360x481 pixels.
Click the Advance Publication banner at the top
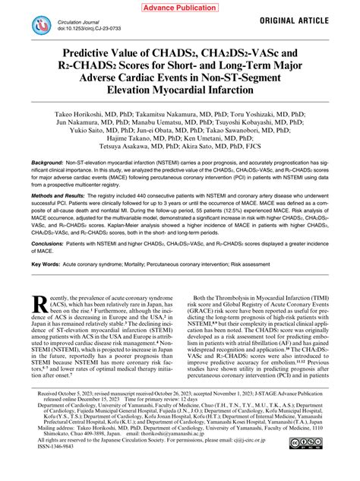[x=179, y=7]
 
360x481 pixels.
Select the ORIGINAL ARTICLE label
[x=308, y=21]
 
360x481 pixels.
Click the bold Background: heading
[x=48, y=185]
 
